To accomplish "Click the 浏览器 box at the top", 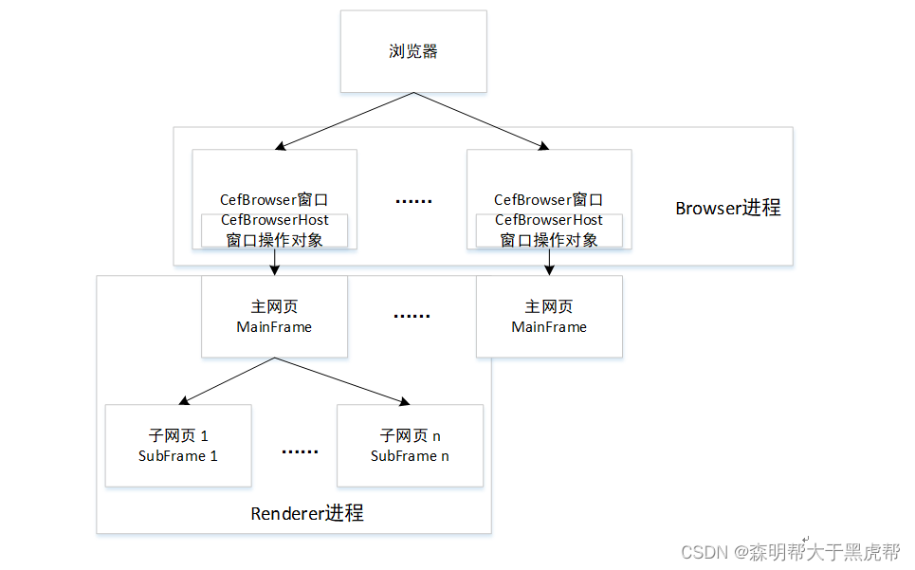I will point(413,51).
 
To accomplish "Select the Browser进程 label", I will point(727,208).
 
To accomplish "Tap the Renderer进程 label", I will point(306,513).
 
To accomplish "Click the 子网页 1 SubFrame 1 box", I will point(178,446).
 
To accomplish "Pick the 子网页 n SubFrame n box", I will point(410,446).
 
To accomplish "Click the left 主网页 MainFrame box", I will point(274,317).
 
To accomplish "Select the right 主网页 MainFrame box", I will point(549,317).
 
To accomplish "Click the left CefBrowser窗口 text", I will point(274,199).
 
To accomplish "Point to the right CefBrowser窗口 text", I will point(549,199).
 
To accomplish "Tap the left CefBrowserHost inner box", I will point(274,230).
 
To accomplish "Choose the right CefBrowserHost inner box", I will point(549,230).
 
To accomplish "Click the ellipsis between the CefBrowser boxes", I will point(412,201).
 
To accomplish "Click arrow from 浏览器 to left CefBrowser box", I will point(345,121).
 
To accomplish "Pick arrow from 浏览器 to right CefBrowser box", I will point(482,121).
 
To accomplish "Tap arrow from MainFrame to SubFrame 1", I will point(228,380).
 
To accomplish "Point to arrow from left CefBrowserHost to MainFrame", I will point(274,262).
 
